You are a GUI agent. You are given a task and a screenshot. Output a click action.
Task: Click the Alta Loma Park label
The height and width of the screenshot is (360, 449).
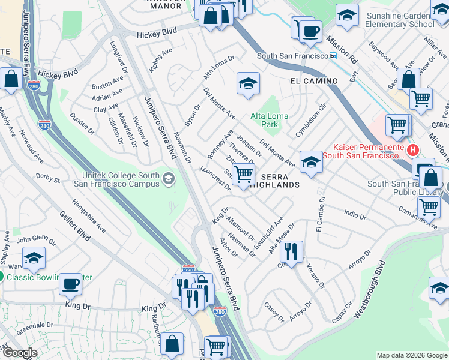(x=270, y=120)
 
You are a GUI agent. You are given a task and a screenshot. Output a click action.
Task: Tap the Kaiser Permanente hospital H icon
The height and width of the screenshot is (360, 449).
(x=412, y=150)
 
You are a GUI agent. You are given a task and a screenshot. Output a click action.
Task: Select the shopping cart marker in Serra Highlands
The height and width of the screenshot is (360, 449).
(x=243, y=174)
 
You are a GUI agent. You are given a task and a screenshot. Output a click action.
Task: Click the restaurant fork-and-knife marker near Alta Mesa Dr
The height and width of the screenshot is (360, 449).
(x=291, y=251)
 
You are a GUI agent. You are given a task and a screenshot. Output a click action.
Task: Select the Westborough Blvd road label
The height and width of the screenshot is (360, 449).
(x=369, y=289)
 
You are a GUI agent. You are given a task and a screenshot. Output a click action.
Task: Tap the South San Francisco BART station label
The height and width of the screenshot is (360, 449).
(x=291, y=56)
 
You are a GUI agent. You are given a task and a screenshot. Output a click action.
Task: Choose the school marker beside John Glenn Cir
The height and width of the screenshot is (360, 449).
(x=34, y=258)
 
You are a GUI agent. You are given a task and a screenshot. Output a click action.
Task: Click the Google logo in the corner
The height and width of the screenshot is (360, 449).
(x=19, y=353)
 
